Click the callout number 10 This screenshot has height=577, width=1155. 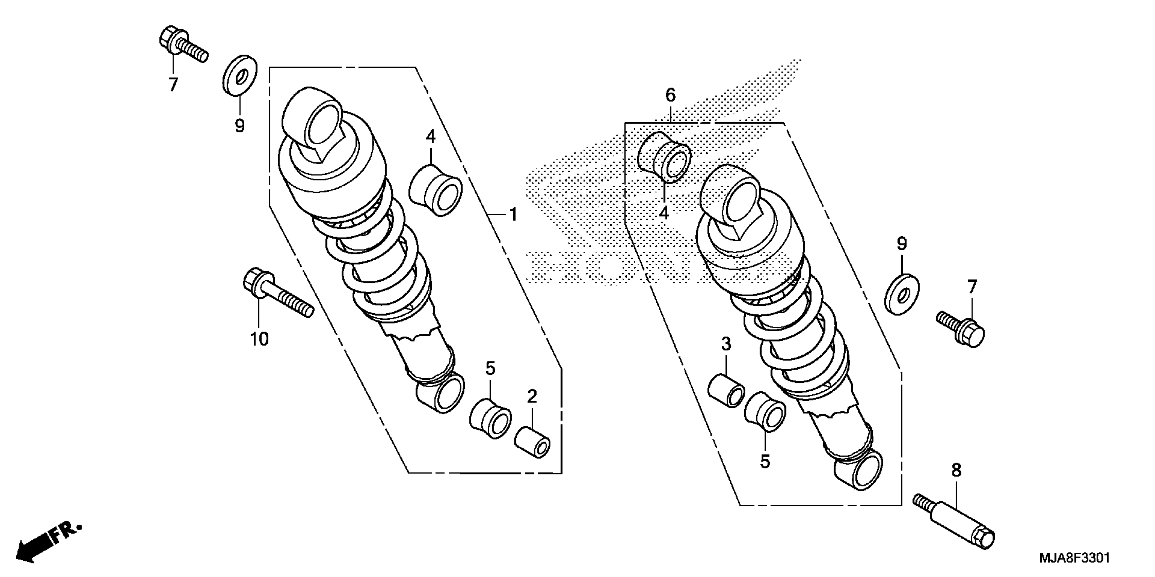[x=259, y=339]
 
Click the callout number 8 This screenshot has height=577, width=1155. [x=956, y=470]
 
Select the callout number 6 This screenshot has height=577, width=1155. [x=670, y=95]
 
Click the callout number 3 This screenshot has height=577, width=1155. [x=726, y=344]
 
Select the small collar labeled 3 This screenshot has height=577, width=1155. [x=726, y=391]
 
